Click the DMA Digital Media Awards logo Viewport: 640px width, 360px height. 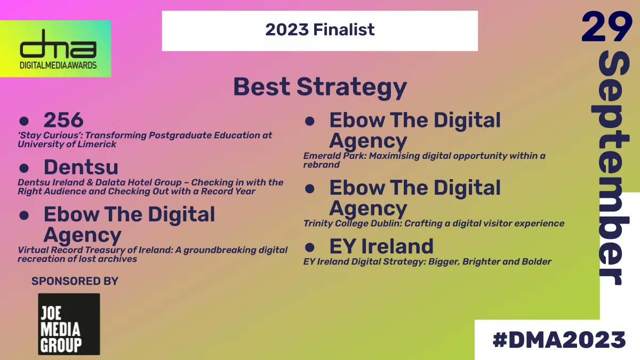[x=55, y=49]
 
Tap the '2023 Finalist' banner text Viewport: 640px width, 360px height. [x=319, y=29]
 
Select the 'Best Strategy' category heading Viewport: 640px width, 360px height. [x=319, y=87]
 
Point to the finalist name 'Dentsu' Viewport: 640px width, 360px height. [x=81, y=167]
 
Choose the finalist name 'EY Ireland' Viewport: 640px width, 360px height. [x=381, y=246]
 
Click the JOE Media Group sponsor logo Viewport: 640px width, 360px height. [x=69, y=324]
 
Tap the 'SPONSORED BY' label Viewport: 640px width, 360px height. [x=75, y=281]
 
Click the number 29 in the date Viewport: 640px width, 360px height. [x=606, y=28]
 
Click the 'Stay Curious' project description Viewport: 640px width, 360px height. [x=144, y=139]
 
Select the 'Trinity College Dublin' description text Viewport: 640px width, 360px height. [x=352, y=223]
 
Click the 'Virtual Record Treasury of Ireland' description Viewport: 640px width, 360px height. [x=153, y=254]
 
